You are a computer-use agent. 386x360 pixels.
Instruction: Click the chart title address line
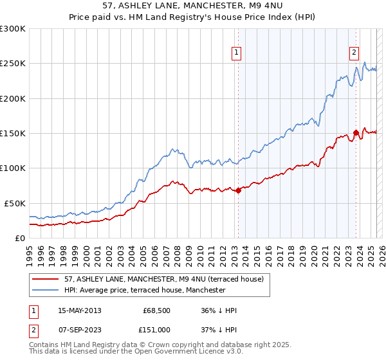click(x=192, y=5)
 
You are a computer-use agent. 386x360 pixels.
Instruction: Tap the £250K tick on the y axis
click(x=13, y=64)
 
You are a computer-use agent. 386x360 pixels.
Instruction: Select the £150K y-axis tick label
click(x=13, y=134)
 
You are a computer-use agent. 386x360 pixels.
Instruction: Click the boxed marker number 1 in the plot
click(x=237, y=53)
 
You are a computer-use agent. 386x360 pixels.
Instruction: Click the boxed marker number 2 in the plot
click(x=354, y=53)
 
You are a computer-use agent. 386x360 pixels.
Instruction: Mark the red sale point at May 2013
click(x=238, y=190)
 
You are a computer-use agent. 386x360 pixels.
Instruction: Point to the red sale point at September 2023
click(x=356, y=132)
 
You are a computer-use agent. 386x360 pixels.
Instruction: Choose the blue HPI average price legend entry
click(x=145, y=290)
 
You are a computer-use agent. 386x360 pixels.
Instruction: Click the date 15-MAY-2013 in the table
click(x=80, y=310)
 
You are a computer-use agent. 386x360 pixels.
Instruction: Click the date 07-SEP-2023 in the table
click(x=80, y=330)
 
